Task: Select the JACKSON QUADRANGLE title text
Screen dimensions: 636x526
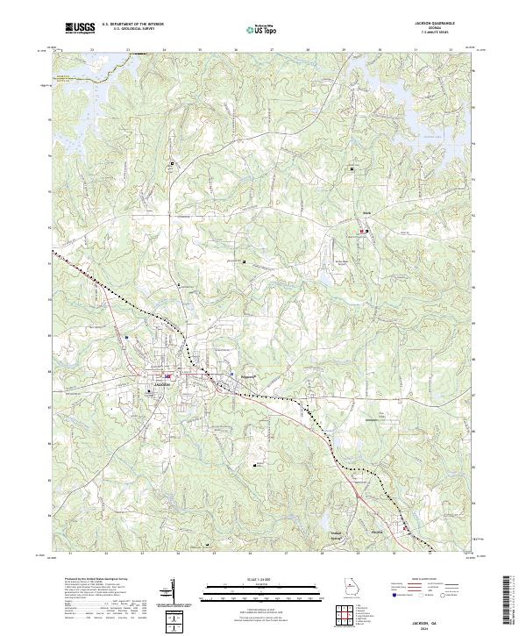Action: (439, 24)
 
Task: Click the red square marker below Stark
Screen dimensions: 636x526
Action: (359, 232)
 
